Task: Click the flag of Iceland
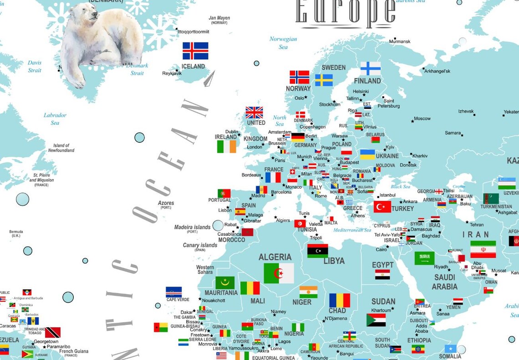pos(195,51)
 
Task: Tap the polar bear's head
pos(88,15)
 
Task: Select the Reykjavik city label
pos(172,73)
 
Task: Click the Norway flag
pos(299,77)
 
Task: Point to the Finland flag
pos(370,68)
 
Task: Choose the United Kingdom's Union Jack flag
pos(254,112)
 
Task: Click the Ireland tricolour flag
pos(226,146)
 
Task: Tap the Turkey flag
pos(382,207)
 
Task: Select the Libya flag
pos(317,251)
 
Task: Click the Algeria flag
pos(279,273)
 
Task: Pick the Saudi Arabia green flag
pos(424,258)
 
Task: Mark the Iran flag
pos(483,249)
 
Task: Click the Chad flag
pos(339,300)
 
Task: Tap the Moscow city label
pos(422,119)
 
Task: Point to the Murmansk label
pos(400,41)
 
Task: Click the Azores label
pos(166,203)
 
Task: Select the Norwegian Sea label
pos(283,43)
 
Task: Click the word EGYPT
pos(382,265)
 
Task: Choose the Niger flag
pos(308,292)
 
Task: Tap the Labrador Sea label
pos(55,119)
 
